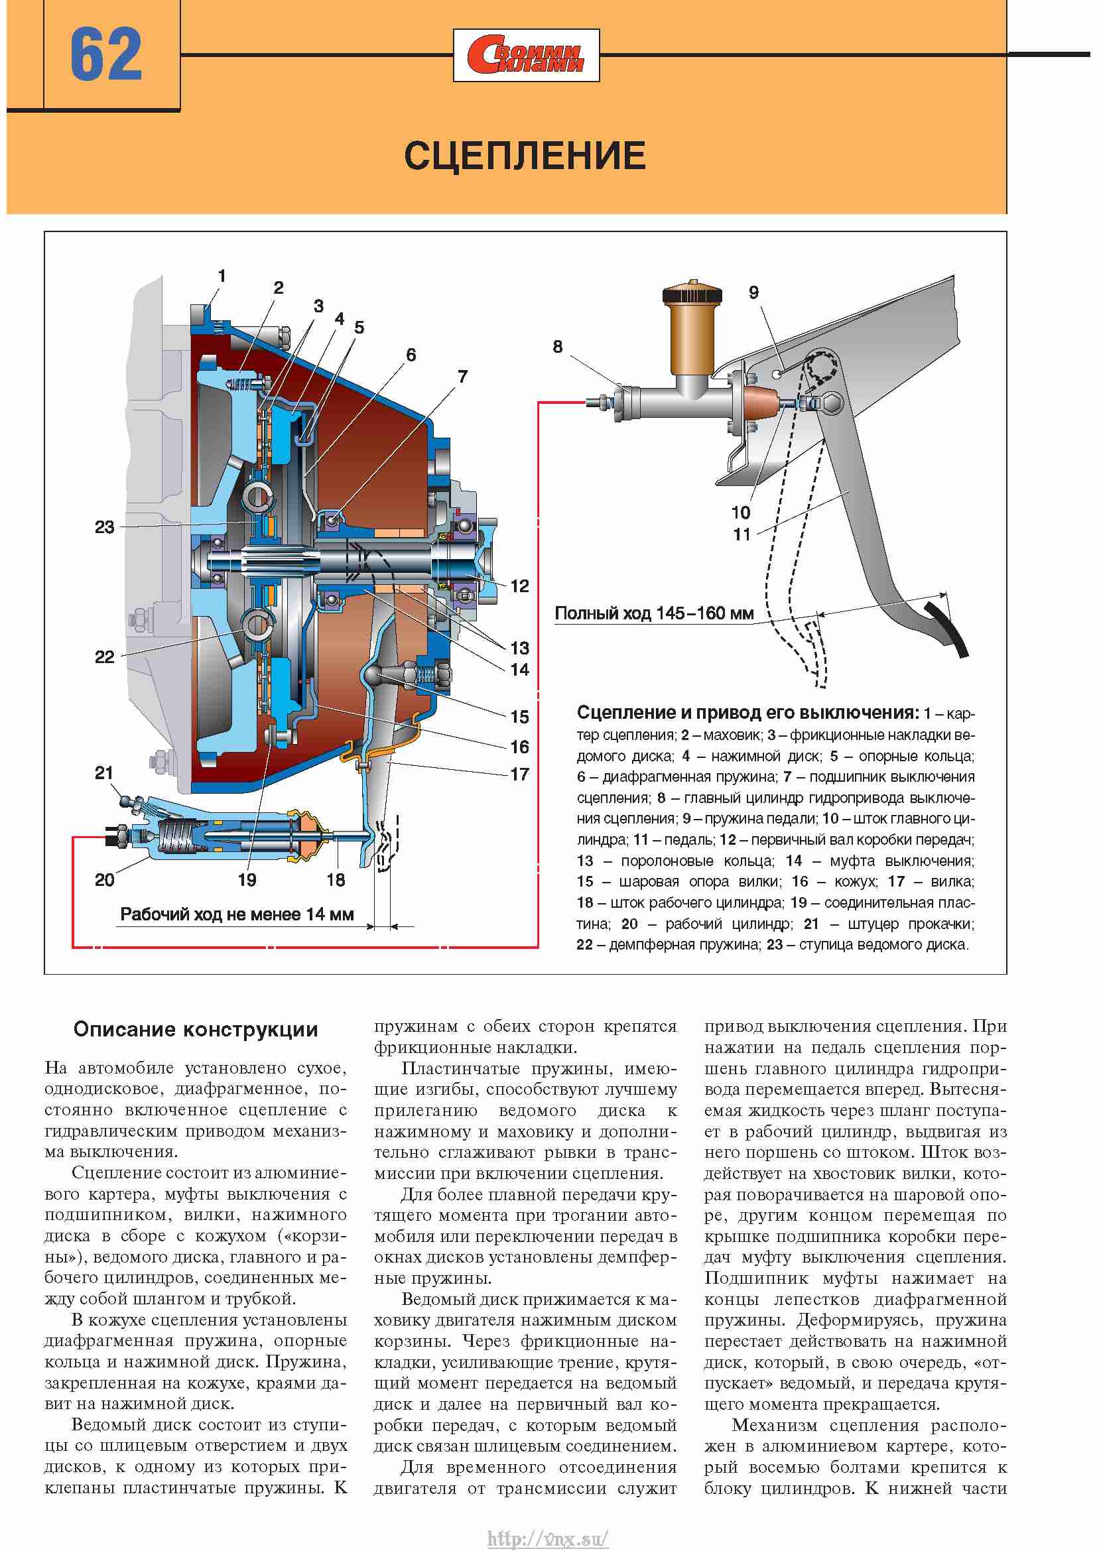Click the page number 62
106,55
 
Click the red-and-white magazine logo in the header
526,56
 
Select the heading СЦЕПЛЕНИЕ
525,155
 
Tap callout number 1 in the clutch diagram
222,276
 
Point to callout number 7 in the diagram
462,376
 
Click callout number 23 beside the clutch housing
105,527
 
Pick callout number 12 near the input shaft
519,586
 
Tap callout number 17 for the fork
519,774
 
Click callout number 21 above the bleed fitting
103,773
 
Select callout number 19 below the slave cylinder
247,879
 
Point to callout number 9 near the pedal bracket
754,292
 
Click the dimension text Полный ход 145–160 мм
654,613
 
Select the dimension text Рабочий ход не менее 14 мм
237,914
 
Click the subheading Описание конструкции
196,1030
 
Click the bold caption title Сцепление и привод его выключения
747,713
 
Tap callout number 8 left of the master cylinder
557,347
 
